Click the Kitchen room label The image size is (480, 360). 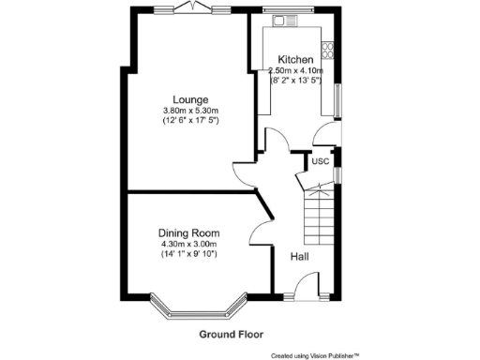point(295,59)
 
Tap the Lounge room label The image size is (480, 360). point(189,99)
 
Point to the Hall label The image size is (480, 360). point(299,257)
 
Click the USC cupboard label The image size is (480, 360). point(320,161)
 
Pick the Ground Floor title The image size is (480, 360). point(231,334)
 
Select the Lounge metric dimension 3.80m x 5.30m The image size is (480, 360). point(189,111)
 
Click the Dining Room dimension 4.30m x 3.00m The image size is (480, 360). point(189,245)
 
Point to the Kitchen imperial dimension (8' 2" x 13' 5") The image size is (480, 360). point(296,81)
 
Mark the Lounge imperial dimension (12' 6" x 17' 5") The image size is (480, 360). point(189,121)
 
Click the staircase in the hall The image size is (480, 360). point(319,216)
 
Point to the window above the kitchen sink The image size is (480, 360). point(280,11)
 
